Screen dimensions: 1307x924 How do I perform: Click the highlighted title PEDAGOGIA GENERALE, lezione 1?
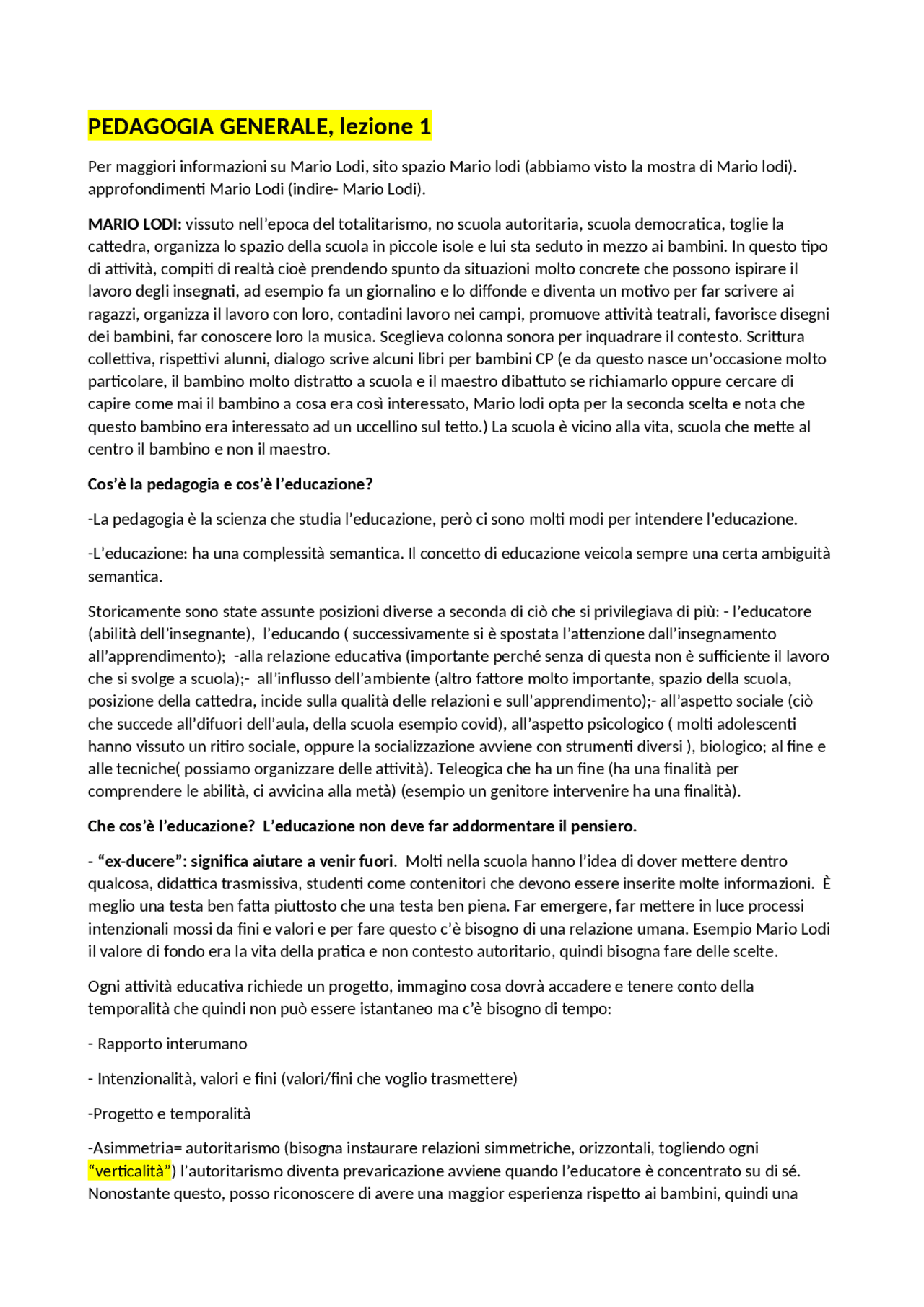pos(259,127)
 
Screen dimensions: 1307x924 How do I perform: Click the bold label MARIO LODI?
pos(135,224)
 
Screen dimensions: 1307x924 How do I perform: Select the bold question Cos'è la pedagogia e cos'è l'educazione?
pos(230,484)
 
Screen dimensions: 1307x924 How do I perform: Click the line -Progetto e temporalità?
pos(170,1114)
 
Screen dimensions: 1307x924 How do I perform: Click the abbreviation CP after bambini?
pos(544,359)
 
